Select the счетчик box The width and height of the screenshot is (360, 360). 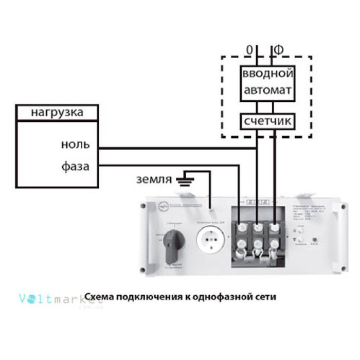267,122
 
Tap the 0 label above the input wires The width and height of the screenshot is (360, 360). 250,50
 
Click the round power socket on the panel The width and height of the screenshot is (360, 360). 211,240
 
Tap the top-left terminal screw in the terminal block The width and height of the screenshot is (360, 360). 241,226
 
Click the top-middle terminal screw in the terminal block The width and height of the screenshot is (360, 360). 258,226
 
